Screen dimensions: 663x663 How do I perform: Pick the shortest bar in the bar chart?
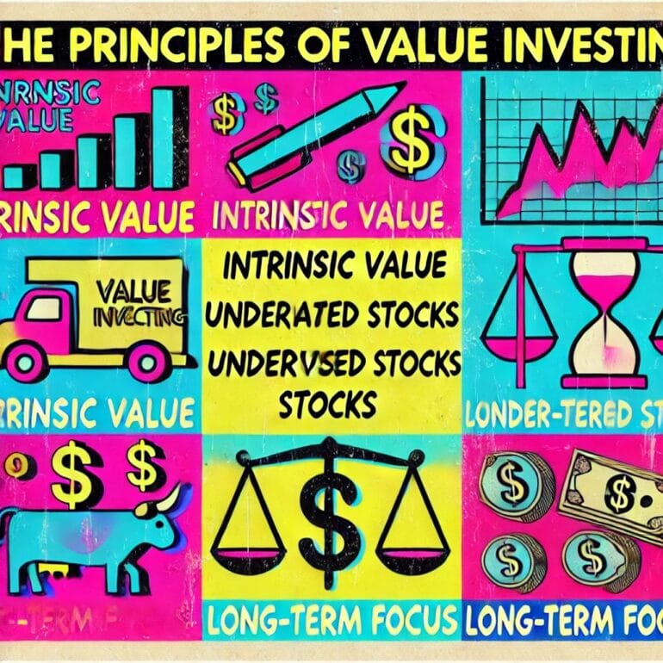coord(15,177)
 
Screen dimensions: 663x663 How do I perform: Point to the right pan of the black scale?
coord(414,539)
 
